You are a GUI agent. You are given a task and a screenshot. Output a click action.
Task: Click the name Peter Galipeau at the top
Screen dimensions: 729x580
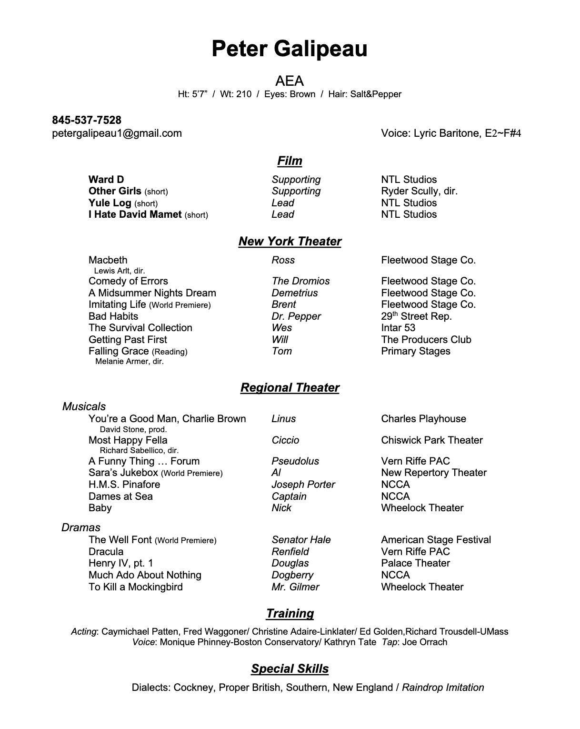(290, 49)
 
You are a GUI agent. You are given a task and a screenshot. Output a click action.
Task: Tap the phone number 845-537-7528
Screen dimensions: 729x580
(87, 120)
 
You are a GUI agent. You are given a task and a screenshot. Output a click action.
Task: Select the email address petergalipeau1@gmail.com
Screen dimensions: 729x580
(117, 133)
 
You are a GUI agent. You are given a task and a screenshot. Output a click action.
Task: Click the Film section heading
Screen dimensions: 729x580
(290, 161)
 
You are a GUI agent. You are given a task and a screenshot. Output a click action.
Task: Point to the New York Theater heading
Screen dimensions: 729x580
(290, 242)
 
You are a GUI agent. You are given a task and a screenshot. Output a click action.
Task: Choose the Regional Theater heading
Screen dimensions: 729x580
(290, 388)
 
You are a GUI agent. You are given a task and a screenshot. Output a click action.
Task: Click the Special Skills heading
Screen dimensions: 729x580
(290, 669)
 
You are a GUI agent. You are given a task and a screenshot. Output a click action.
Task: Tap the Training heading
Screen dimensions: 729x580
(290, 614)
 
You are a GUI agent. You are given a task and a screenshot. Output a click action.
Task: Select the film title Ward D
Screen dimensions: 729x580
(106, 180)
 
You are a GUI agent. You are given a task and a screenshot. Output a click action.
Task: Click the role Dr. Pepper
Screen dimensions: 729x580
(296, 316)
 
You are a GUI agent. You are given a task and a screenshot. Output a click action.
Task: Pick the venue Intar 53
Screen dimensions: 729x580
(398, 328)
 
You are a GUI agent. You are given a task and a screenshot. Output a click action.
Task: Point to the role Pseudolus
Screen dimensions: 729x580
(295, 461)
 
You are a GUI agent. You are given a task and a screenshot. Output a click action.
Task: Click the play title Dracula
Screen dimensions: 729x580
(106, 552)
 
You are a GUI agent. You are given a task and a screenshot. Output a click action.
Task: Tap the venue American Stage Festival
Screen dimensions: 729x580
(436, 540)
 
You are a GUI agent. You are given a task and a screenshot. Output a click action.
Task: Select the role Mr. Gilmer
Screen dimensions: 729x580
(295, 587)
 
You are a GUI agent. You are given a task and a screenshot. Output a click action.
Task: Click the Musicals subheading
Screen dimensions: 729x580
(84, 406)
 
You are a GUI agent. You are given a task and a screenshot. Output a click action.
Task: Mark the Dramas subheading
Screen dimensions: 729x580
(81, 527)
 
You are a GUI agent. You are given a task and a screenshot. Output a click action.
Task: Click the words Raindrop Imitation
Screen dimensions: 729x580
(443, 688)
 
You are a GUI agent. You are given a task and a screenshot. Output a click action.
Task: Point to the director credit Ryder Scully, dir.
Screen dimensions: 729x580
(419, 191)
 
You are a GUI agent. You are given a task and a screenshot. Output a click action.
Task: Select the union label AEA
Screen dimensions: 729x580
(290, 81)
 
